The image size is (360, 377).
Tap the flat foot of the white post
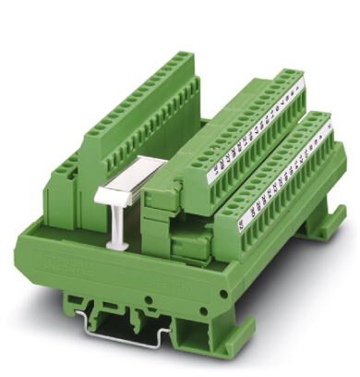tap(118, 246)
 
